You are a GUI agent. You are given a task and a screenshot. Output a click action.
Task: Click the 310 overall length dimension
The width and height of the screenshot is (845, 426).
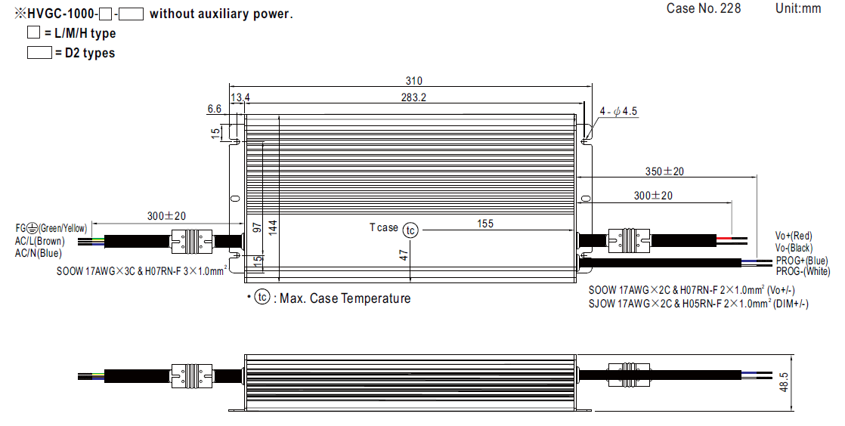coord(413,82)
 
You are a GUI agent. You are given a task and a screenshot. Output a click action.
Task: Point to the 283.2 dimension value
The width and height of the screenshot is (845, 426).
coord(413,97)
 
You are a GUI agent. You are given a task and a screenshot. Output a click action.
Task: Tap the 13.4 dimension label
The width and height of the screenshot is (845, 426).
coord(240,97)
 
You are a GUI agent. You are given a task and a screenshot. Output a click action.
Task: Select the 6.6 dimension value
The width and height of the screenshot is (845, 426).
coord(214,110)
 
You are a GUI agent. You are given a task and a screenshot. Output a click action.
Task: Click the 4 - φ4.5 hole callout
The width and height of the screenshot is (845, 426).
coord(618,111)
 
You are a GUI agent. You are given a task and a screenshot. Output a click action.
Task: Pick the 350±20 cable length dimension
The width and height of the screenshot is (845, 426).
coord(664,171)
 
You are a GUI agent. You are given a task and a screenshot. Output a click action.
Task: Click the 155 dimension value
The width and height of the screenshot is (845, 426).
coord(485,224)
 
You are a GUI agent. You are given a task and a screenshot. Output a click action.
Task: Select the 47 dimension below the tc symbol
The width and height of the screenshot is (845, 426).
coord(404,255)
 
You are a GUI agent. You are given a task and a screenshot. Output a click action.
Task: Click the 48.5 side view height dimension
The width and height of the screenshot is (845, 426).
coord(784,382)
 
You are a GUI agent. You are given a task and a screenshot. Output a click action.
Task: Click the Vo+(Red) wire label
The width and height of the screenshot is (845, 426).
coord(794,236)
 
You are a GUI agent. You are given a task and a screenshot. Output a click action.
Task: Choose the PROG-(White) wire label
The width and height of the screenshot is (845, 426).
coord(802,271)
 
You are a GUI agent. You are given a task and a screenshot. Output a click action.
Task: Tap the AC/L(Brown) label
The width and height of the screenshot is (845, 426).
coord(40,241)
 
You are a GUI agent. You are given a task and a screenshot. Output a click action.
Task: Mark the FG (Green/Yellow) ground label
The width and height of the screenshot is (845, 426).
coord(51,228)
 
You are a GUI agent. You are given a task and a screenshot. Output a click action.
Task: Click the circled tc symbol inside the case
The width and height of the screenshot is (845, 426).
coord(410,230)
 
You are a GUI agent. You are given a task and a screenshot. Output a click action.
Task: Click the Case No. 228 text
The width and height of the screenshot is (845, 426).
coord(704,8)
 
